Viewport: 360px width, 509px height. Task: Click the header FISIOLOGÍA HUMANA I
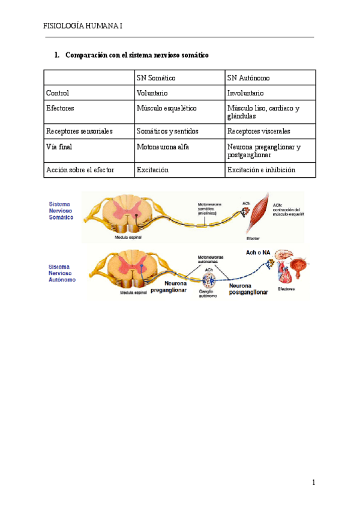(83, 26)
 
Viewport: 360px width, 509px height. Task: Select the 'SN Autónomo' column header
(248, 78)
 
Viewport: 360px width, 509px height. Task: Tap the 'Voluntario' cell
(152, 93)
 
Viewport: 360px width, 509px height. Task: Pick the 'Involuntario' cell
(245, 93)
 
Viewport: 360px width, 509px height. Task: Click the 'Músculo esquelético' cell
(167, 108)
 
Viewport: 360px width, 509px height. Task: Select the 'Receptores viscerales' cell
(259, 130)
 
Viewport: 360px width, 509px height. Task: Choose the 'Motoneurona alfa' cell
(163, 146)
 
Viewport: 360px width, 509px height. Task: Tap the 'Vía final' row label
(59, 146)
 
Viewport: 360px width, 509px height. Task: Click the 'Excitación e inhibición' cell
(262, 170)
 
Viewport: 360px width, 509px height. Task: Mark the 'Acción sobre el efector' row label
(80, 170)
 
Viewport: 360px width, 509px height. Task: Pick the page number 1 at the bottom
(313, 482)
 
